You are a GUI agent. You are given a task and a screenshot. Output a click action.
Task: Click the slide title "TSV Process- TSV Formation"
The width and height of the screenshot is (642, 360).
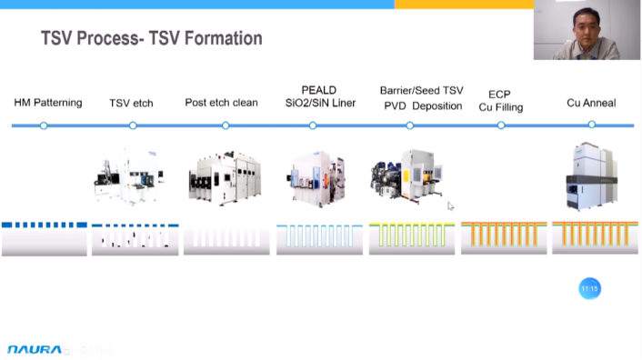[152, 38]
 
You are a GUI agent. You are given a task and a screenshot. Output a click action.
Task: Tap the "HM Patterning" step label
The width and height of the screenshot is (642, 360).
[48, 103]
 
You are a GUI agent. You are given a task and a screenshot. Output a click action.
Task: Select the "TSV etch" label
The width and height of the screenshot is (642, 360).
[131, 103]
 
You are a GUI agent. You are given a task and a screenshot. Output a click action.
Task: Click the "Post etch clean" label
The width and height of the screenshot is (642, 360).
[221, 103]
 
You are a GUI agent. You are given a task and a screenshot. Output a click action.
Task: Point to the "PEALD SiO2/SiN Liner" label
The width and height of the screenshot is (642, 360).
[320, 96]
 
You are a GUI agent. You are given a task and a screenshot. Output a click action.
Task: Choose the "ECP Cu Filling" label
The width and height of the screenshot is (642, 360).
[501, 101]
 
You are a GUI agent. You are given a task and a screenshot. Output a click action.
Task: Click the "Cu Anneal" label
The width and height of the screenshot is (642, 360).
[591, 103]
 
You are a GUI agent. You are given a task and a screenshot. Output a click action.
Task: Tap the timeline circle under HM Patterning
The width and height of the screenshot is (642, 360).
[44, 125]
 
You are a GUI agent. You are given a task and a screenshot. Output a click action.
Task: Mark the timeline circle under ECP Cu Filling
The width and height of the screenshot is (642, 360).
[501, 125]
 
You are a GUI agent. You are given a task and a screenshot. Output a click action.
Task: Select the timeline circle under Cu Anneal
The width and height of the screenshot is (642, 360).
[592, 125]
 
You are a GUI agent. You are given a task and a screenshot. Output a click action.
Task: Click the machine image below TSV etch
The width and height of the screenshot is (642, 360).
[129, 176]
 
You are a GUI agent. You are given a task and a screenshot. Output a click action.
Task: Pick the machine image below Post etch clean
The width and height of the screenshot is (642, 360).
[225, 178]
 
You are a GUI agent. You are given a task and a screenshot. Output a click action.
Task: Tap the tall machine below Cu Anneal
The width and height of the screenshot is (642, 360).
[592, 176]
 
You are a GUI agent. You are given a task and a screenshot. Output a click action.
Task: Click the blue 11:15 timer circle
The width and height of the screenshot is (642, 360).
[589, 289]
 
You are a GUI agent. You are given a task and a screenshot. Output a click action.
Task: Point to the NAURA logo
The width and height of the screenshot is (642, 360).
[35, 350]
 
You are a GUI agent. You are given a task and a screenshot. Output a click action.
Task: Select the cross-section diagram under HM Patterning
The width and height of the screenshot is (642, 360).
[45, 239]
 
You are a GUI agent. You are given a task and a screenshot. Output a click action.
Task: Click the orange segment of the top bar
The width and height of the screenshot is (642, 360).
[464, 4]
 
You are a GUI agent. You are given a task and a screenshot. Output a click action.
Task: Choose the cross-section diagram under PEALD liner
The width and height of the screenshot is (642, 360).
[319, 239]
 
